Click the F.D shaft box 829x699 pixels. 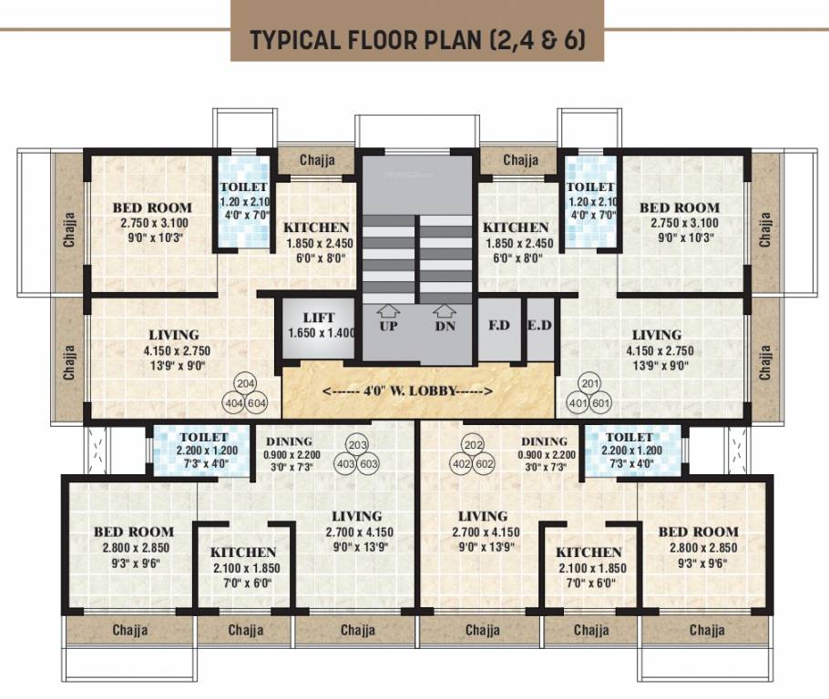pos(498,326)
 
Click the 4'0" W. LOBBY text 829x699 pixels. pos(408,390)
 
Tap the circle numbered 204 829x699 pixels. pos(244,383)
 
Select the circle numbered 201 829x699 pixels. pos(591,383)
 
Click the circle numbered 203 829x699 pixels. pos(357,445)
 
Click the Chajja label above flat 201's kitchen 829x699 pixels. pos(520,160)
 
